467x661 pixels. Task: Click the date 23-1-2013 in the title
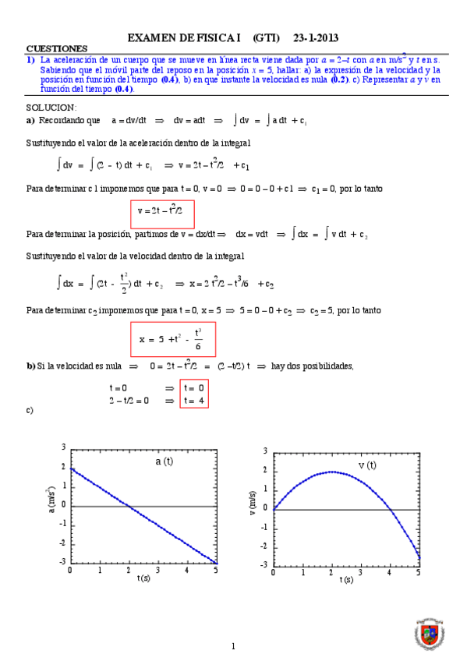(x=316, y=37)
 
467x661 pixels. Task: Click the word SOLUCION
(x=51, y=107)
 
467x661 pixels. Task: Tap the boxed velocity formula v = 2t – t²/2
(x=161, y=210)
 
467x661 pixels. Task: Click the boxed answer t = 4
(x=193, y=401)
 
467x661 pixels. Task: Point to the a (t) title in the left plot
(x=164, y=462)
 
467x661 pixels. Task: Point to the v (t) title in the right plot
(x=366, y=465)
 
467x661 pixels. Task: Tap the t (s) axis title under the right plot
(x=345, y=580)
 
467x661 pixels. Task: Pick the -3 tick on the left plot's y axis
(x=62, y=562)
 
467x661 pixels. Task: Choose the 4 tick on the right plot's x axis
(x=389, y=573)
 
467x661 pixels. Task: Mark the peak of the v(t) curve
(x=331, y=472)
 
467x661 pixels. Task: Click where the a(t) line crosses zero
(x=129, y=505)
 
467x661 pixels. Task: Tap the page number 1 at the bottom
(x=233, y=646)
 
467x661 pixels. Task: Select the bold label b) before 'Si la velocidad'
(x=30, y=366)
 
